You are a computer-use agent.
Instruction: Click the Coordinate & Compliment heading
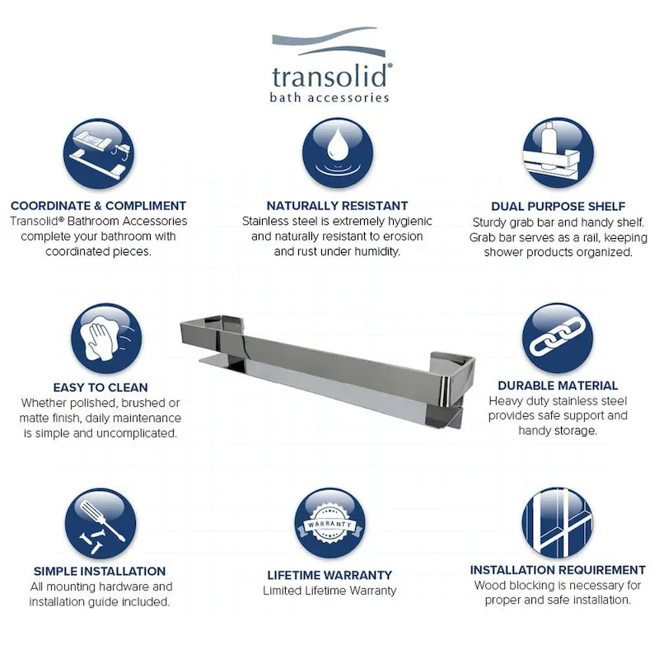99,206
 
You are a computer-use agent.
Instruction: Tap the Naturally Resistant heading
337,206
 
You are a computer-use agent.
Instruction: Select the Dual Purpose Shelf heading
558,207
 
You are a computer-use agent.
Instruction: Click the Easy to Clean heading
100,387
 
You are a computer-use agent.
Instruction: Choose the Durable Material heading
558,385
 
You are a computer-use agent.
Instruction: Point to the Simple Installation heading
100,571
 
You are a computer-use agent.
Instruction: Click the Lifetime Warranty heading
329,575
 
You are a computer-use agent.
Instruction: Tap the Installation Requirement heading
558,569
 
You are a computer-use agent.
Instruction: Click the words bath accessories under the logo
329,97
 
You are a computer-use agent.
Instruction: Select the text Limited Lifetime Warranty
329,591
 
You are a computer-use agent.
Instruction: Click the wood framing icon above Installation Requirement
558,520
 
